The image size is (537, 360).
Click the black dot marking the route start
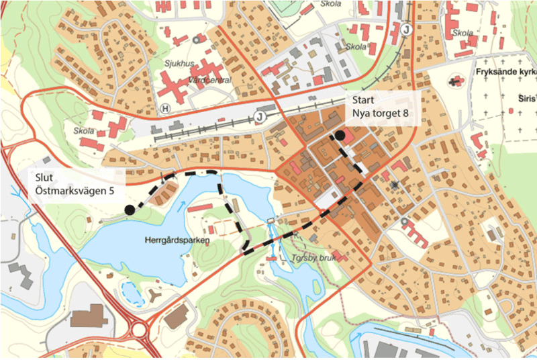point(340,136)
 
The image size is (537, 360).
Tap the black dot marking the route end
point(128,210)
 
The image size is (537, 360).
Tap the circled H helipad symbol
point(165,108)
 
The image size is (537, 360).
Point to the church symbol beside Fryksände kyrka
point(458,81)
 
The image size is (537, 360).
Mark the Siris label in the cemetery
point(527,99)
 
